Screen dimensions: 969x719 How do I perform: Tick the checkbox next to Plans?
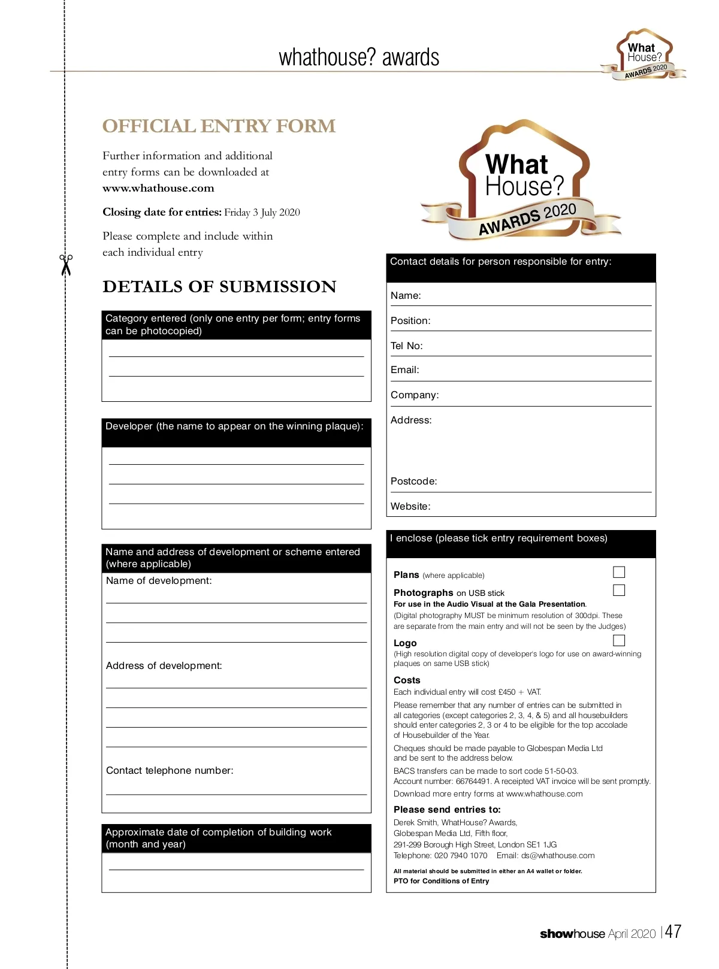619,573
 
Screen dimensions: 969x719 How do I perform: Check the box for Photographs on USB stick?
619,591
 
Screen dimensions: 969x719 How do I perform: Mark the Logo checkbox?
619,641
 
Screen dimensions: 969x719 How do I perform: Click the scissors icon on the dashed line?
66,265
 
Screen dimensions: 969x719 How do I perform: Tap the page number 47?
673,932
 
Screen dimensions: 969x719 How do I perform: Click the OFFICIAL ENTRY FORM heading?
219,126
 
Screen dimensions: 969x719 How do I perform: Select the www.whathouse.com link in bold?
158,188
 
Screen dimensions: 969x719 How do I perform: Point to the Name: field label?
406,296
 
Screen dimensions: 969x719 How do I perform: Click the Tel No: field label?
406,346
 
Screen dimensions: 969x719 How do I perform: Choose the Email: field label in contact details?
404,370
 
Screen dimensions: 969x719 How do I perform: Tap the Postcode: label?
413,482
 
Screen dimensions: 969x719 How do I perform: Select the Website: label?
410,507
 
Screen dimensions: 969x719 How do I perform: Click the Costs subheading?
407,680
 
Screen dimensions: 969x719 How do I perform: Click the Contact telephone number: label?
170,771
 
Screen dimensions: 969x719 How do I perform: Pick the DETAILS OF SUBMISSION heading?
219,287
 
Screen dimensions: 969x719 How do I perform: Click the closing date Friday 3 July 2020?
262,213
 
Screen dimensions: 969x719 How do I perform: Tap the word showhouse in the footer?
572,934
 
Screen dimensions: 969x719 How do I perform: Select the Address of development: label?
164,666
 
